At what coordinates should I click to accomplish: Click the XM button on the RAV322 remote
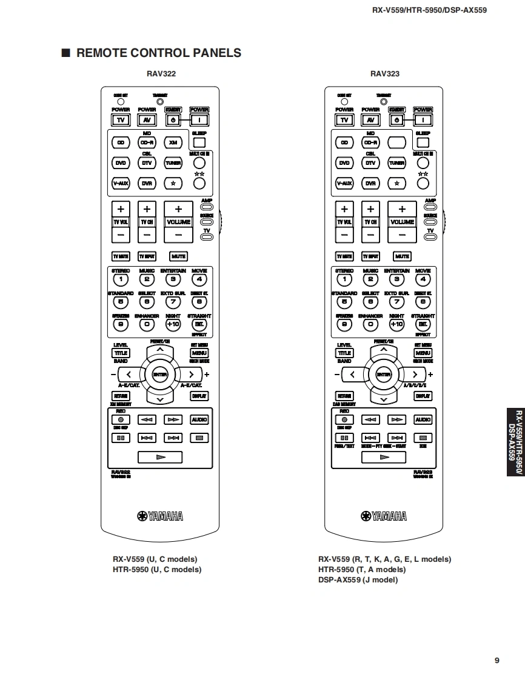tap(173, 142)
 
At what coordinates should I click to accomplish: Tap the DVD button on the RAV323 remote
tap(344, 163)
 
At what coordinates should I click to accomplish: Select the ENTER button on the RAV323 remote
tap(384, 374)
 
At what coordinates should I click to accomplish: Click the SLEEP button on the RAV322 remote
tap(199, 143)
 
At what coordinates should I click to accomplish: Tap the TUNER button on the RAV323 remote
tap(396, 163)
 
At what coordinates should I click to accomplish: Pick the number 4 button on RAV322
tap(199, 279)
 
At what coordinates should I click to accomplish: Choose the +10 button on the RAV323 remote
tap(396, 324)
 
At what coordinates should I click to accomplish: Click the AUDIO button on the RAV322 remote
tap(199, 419)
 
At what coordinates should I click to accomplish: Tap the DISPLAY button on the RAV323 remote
tap(423, 396)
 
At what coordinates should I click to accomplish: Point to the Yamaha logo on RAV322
tap(161, 516)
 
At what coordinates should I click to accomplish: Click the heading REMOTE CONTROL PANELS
tap(158, 53)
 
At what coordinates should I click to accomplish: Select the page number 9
tap(497, 661)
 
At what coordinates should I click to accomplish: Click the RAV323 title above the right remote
tap(385, 74)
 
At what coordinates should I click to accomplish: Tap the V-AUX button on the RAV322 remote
tap(121, 183)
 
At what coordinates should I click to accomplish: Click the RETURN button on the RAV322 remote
tap(121, 396)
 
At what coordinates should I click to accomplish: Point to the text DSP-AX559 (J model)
tap(358, 580)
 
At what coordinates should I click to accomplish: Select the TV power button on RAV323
tap(344, 120)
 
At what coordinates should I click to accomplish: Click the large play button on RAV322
tap(160, 457)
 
